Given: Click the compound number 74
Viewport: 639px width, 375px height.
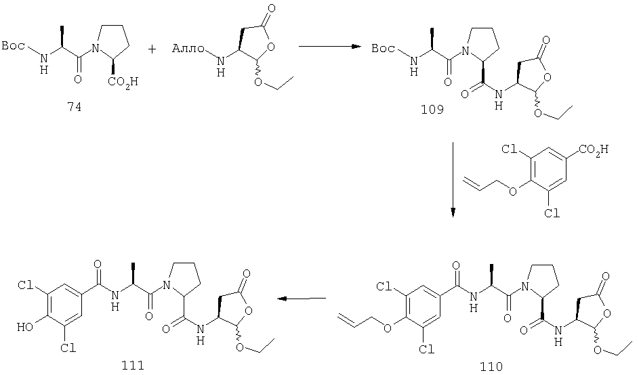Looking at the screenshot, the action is (74, 107).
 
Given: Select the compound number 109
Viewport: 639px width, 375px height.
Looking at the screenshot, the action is (432, 110).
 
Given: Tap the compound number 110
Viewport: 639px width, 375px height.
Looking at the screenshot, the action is (491, 366).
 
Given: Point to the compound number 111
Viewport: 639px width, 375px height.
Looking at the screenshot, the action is (133, 365).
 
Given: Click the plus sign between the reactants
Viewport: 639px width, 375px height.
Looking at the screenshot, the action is (152, 49).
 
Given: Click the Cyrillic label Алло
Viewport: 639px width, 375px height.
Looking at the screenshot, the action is (188, 49).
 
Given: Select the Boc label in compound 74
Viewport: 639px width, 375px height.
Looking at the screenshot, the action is (14, 45).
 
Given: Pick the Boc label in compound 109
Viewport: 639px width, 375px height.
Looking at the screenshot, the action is (384, 49).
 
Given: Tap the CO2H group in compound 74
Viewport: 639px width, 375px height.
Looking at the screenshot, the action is (123, 82).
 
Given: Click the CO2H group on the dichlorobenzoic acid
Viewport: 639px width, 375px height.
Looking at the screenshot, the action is (594, 150).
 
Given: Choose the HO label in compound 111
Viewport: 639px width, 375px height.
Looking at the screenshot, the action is (24, 326).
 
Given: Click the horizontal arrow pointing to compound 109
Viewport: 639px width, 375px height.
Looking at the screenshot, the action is (330, 47).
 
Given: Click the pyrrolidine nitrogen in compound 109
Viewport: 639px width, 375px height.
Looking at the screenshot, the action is (464, 51).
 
